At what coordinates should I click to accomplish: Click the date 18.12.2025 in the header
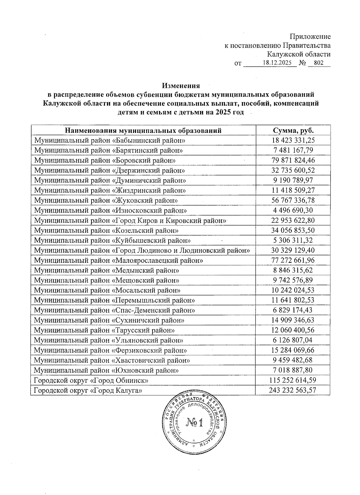pos(279,63)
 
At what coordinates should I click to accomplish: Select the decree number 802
pos(319,63)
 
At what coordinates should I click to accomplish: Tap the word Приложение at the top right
pos(310,37)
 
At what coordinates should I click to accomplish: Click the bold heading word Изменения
pos(181,86)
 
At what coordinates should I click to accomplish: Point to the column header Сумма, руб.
pos(293,130)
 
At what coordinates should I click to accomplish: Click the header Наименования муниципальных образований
pos(143,130)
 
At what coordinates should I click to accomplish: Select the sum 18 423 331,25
pos(293,140)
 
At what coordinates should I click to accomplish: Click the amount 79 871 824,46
pos(293,160)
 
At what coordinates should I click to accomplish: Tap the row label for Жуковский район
pos(106,200)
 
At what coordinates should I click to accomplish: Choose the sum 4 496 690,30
pos(293,210)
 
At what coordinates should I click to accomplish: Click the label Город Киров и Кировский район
pos(130,220)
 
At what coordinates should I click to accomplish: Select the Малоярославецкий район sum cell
pos(293,260)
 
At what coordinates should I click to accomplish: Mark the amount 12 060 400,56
pos(293,330)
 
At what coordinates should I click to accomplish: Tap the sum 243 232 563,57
pos(293,390)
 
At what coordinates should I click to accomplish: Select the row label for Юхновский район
pos(106,370)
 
